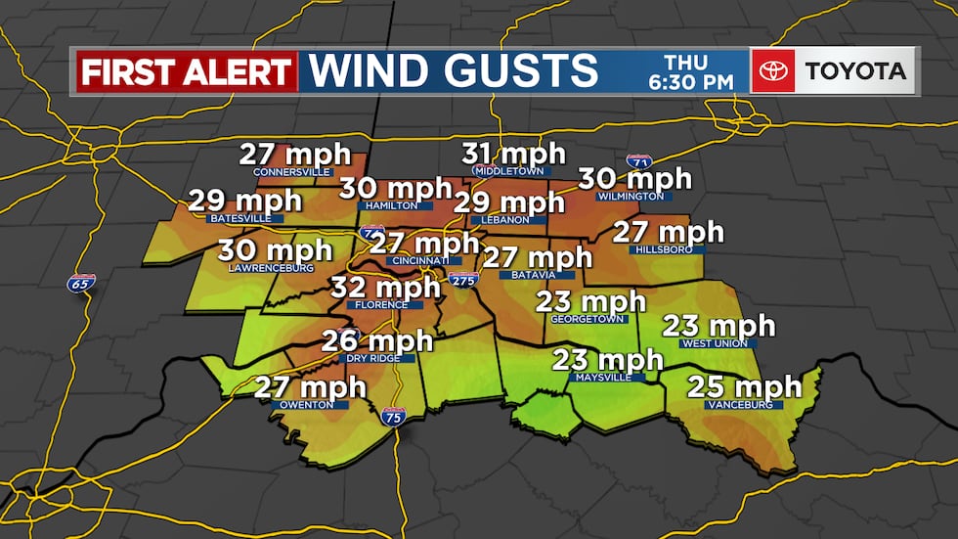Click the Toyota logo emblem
pos(772,70)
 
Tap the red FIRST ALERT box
pos(186,71)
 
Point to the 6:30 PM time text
pos(691,83)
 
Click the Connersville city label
pos(292,172)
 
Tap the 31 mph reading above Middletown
pos(513,154)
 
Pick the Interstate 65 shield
pos(82,284)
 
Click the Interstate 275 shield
pos(464,281)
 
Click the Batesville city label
pos(240,218)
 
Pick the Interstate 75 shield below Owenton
pos(394,417)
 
